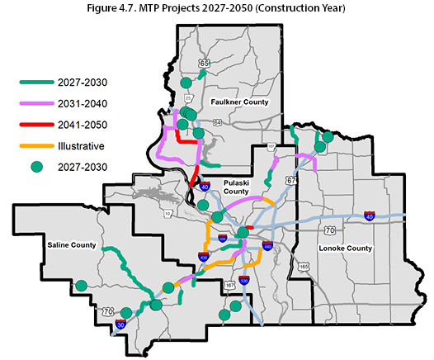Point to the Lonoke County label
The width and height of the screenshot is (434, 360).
[x=344, y=248]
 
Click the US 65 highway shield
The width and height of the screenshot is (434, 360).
[x=204, y=63]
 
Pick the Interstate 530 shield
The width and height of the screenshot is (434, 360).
[x=244, y=281]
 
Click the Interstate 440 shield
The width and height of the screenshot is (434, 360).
[x=267, y=245]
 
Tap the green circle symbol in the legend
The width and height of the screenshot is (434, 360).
[x=35, y=168]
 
